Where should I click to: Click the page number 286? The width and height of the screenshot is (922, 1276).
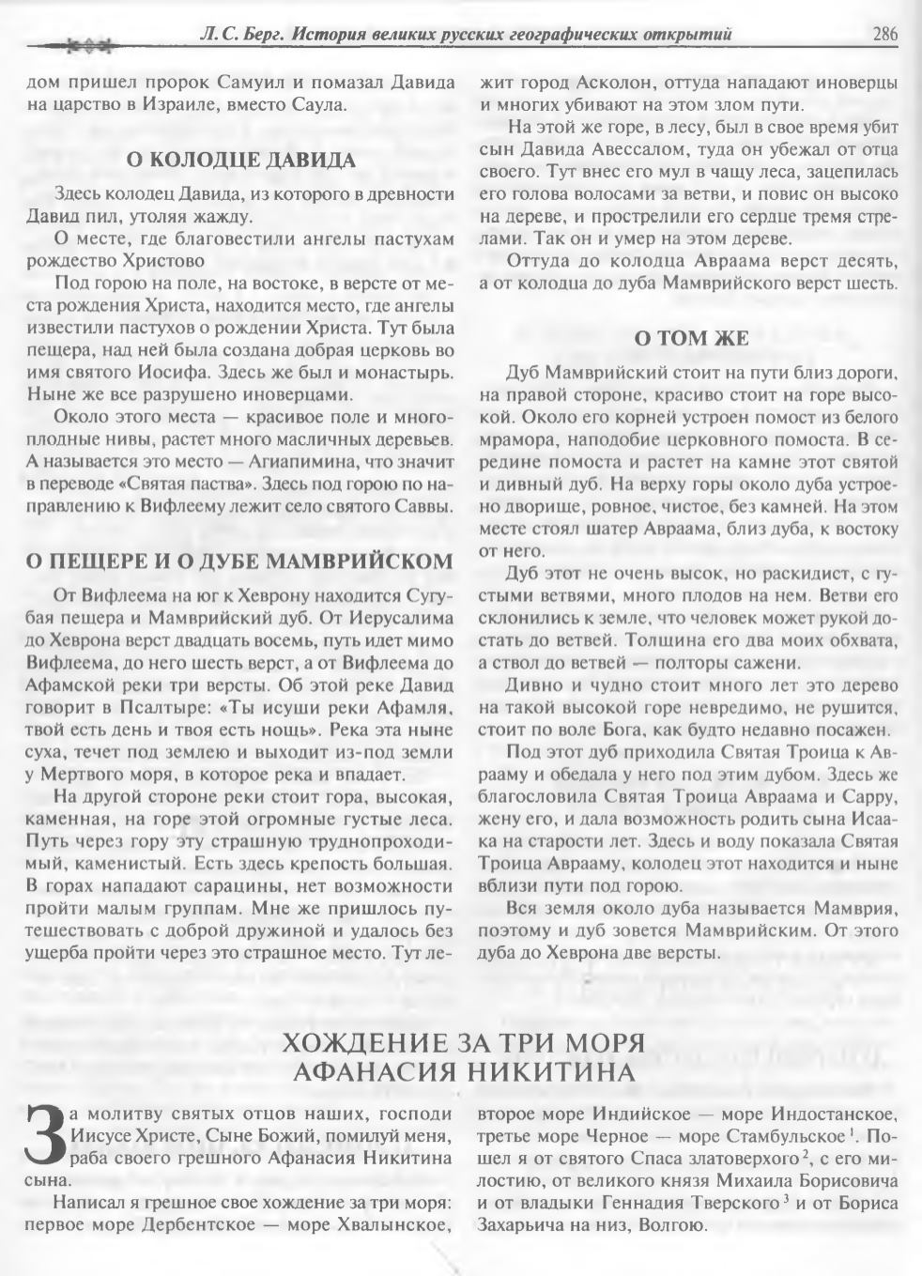click(884, 35)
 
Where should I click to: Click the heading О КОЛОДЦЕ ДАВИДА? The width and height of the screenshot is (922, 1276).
click(241, 161)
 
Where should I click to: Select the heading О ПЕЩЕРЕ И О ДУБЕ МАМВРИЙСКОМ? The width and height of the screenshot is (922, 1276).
click(241, 561)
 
